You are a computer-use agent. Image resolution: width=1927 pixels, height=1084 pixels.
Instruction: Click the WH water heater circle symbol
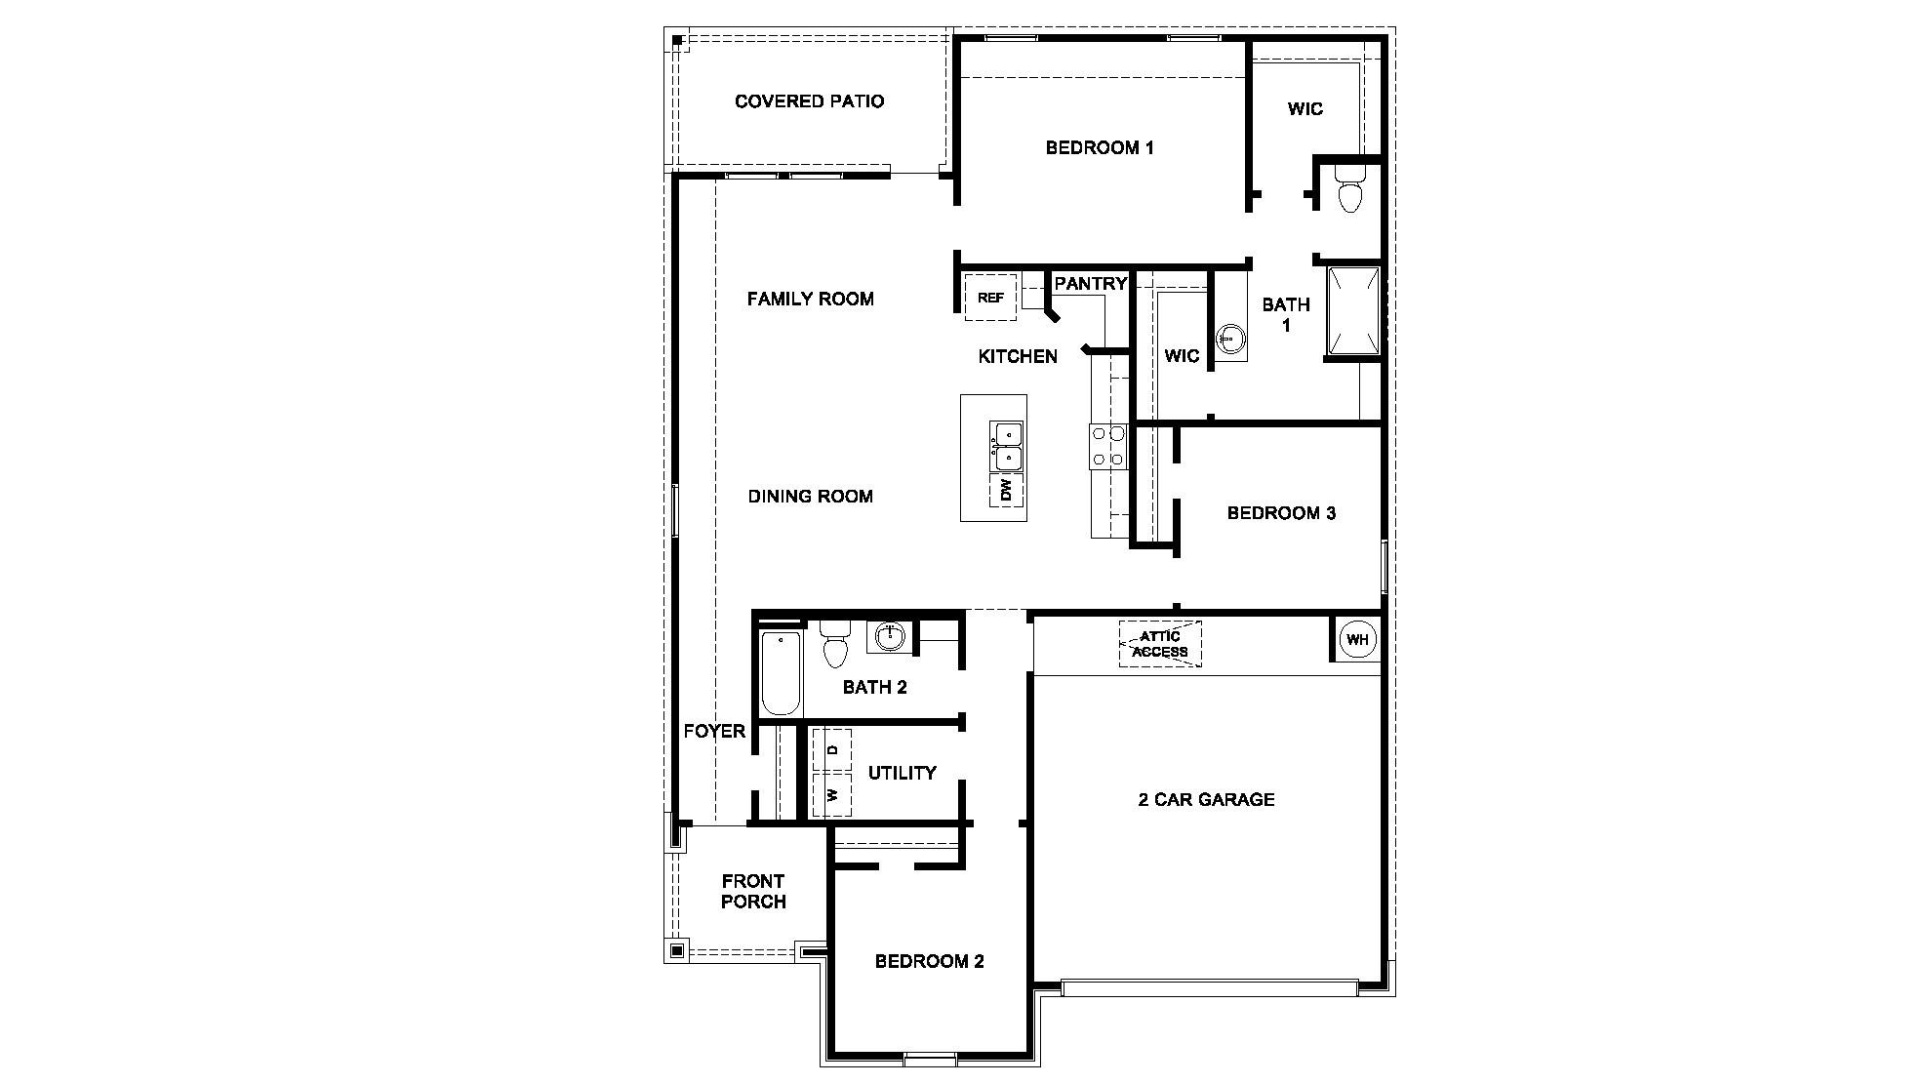[1357, 640]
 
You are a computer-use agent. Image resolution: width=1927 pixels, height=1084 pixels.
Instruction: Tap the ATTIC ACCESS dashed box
[1160, 644]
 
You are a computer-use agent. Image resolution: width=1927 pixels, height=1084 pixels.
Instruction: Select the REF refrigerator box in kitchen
[990, 298]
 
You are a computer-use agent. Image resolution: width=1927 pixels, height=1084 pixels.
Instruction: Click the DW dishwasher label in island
[1007, 490]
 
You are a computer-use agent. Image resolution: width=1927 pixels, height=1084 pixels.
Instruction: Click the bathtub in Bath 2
[781, 673]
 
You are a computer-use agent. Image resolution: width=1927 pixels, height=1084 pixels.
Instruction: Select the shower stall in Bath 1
[1354, 311]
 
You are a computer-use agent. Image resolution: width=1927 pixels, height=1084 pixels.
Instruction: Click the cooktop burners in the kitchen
[1108, 446]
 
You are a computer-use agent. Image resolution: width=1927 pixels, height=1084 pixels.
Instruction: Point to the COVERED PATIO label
[809, 101]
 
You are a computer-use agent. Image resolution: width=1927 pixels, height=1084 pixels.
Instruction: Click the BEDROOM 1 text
[1100, 148]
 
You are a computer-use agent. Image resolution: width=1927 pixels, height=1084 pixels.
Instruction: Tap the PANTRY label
[1091, 284]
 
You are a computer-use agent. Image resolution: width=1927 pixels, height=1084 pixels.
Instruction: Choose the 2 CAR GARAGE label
[1206, 800]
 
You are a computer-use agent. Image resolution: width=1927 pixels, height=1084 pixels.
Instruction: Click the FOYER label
[714, 732]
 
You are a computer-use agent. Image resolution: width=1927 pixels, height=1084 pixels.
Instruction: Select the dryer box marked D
[832, 750]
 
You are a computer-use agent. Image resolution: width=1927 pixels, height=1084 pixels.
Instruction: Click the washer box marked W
[832, 794]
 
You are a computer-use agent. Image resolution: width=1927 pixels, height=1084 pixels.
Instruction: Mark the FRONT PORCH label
[753, 892]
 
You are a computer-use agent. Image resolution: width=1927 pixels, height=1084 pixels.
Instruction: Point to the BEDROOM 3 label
[1281, 513]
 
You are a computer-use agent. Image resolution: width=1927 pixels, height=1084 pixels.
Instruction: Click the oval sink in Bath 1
[1231, 340]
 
